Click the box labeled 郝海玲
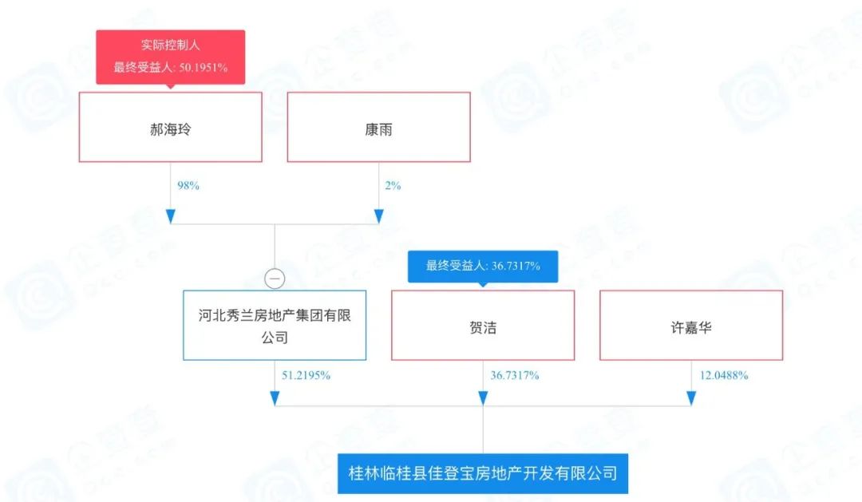click(170, 127)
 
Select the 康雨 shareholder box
click(378, 127)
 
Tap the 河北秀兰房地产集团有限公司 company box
click(275, 325)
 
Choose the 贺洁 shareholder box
click(483, 325)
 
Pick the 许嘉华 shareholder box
click(691, 325)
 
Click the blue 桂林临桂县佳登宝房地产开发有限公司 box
click(483, 472)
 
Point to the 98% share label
click(188, 185)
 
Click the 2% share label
click(392, 185)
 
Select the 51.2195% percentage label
click(306, 374)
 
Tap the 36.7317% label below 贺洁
click(514, 374)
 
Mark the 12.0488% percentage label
click(722, 374)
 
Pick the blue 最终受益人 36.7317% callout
click(483, 267)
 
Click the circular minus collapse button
click(275, 279)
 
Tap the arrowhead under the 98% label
click(170, 216)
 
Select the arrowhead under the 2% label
click(378, 216)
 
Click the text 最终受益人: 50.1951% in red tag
click(170, 67)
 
